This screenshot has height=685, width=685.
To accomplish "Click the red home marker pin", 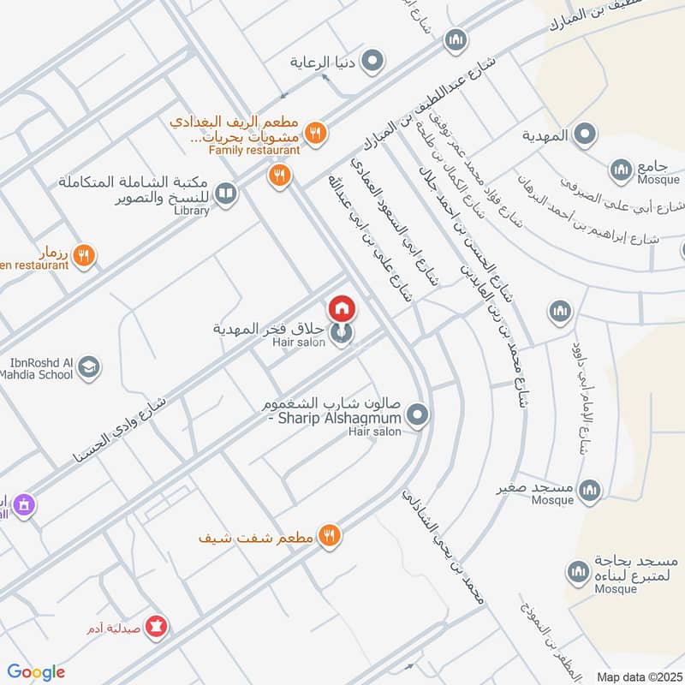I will click(x=342, y=307).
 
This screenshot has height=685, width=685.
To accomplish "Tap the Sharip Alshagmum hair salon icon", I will click(x=417, y=416).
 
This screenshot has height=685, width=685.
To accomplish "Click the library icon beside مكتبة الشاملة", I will click(x=226, y=194).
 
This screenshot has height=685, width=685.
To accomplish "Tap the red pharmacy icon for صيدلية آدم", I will click(x=157, y=628).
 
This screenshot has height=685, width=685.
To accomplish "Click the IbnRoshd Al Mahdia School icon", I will click(x=88, y=368).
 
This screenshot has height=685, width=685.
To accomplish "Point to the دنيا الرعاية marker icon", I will click(x=372, y=62).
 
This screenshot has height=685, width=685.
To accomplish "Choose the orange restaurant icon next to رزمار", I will click(x=83, y=254).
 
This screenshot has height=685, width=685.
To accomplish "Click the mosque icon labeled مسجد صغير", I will click(x=588, y=490).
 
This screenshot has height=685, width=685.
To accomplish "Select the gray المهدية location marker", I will click(x=585, y=134).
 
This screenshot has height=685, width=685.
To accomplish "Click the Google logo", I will click(x=36, y=672).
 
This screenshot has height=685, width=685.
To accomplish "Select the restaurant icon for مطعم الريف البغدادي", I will click(x=316, y=133).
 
